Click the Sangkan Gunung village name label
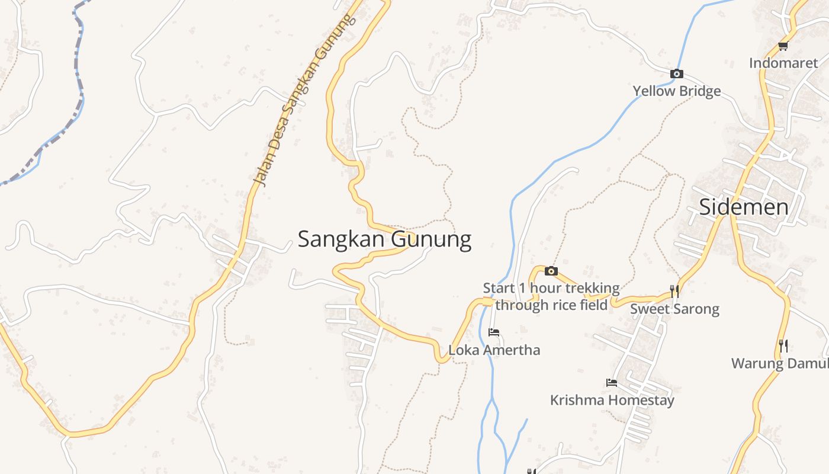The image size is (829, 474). pyautogui.click(x=384, y=239)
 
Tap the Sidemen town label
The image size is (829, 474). pyautogui.click(x=743, y=207)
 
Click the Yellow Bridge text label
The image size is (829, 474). pyautogui.click(x=677, y=91)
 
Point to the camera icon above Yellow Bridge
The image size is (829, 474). pyautogui.click(x=676, y=74)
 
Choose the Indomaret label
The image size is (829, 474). pyautogui.click(x=783, y=63)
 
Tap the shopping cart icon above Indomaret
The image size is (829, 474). pyautogui.click(x=783, y=46)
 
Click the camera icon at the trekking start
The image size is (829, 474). pyautogui.click(x=551, y=271)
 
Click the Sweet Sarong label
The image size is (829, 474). pyautogui.click(x=674, y=309)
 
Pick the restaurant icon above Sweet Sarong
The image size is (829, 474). pyautogui.click(x=674, y=291)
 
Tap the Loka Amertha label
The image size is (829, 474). pyautogui.click(x=494, y=350)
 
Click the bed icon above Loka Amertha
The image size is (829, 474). pyautogui.click(x=494, y=332)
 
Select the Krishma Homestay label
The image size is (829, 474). pyautogui.click(x=612, y=401)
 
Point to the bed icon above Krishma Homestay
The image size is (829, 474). pyautogui.click(x=612, y=383)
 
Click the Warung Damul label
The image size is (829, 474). pyautogui.click(x=779, y=364)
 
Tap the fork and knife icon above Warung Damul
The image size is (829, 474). pyautogui.click(x=783, y=345)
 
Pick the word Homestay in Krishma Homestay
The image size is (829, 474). pyautogui.click(x=642, y=401)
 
